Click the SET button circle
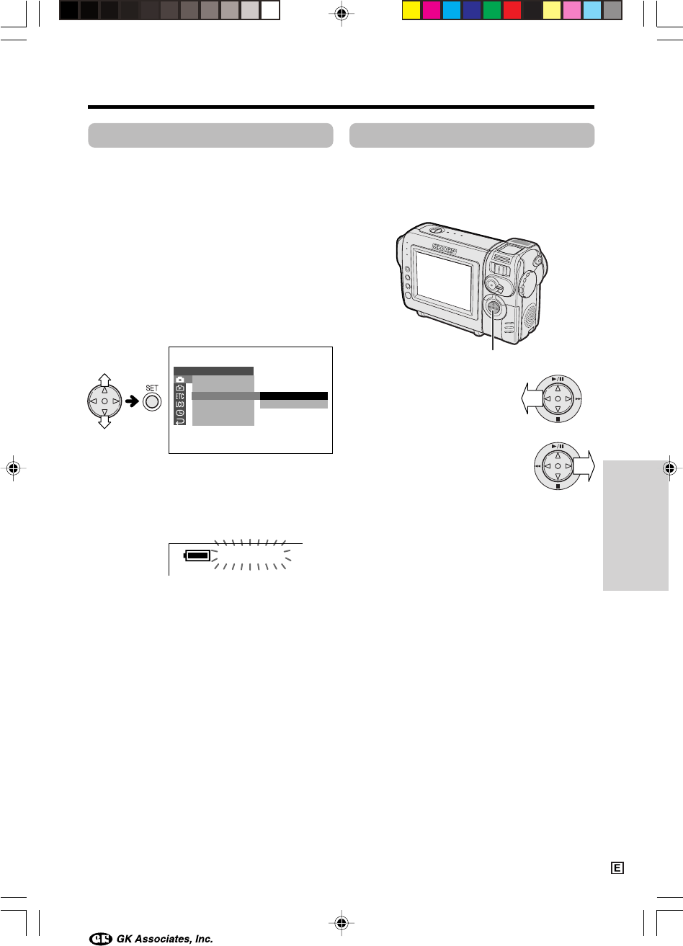152,401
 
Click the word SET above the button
152,388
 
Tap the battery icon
197,555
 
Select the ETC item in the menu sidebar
180,396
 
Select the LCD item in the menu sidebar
180,405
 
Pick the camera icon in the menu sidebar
180,380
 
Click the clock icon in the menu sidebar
180,413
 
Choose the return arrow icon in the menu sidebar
180,421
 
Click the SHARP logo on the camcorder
444,249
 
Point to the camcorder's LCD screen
445,280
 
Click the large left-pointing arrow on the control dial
532,398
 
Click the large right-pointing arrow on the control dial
584,466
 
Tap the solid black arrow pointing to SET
133,401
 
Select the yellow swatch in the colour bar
411,11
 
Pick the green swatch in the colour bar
491,11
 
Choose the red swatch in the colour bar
512,11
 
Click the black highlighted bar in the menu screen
293,396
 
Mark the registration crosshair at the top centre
341,14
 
